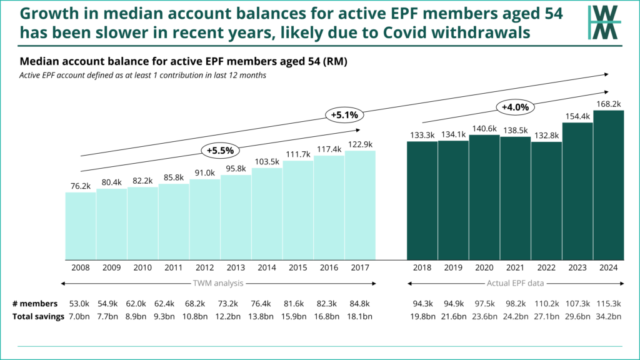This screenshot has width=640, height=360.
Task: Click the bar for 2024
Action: point(608,185)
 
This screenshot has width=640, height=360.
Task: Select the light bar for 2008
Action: point(81,226)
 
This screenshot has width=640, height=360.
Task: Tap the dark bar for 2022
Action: point(546,201)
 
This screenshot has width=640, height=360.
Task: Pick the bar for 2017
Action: point(360,205)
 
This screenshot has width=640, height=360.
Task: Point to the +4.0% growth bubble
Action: point(516,107)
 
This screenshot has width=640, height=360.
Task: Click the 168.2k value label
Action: point(608,104)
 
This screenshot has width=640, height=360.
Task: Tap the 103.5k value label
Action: point(267,161)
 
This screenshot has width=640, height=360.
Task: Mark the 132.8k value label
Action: point(546,136)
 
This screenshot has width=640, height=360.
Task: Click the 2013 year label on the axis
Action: point(236,267)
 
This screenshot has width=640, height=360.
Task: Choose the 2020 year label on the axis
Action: point(484,267)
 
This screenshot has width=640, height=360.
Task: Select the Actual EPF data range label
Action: point(516,284)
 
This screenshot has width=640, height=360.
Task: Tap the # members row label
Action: point(35,303)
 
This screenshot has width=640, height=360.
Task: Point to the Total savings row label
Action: point(39,316)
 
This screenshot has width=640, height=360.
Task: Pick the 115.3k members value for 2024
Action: point(608,303)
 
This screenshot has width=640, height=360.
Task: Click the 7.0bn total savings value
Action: point(81,316)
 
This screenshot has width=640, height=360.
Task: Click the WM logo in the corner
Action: point(604,22)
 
